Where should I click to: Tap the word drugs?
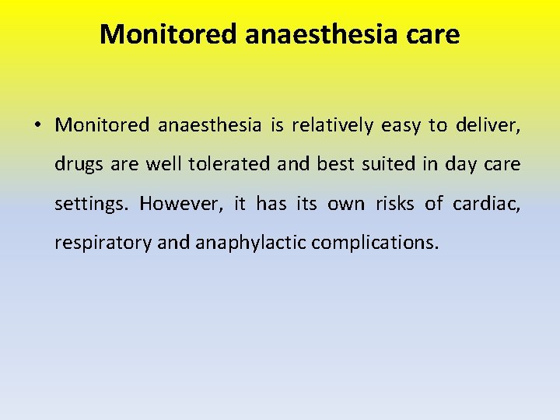tap(76, 165)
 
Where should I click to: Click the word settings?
tap(93, 204)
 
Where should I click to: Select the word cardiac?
tap(487, 203)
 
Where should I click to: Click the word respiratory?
tap(103, 243)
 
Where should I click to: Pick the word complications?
tap(375, 243)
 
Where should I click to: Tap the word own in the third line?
tap(345, 204)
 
